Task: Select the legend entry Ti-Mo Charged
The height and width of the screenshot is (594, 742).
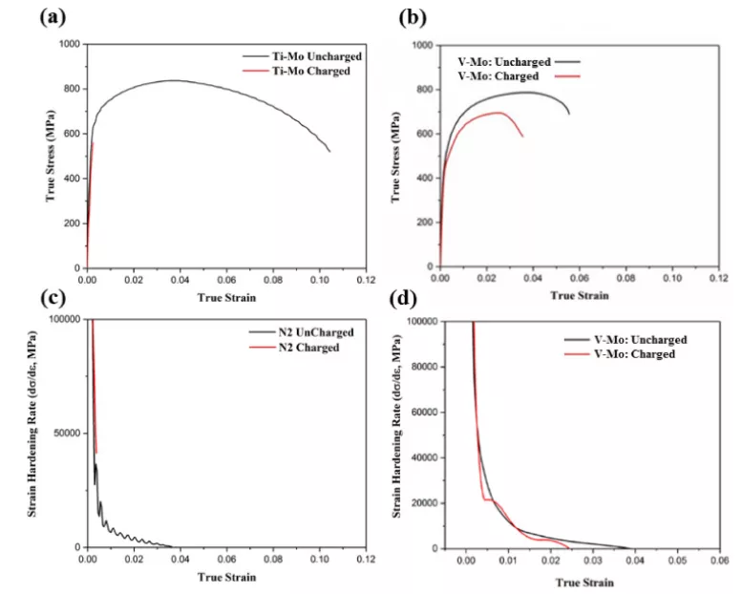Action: [x=300, y=71]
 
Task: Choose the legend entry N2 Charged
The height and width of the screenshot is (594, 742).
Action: [x=300, y=348]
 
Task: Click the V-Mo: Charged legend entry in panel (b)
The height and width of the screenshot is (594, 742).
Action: [x=498, y=76]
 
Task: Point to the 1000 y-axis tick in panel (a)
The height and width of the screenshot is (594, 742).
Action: [x=68, y=45]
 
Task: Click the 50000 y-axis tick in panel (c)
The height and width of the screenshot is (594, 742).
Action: [x=65, y=434]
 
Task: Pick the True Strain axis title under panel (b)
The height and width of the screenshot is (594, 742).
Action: [x=579, y=296]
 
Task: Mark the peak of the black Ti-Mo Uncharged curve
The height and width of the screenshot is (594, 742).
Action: [x=174, y=80]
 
